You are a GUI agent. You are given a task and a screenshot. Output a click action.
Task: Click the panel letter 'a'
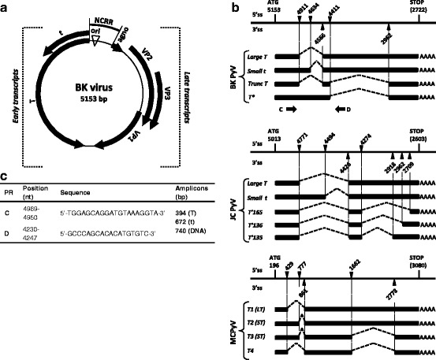coord(6,6)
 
